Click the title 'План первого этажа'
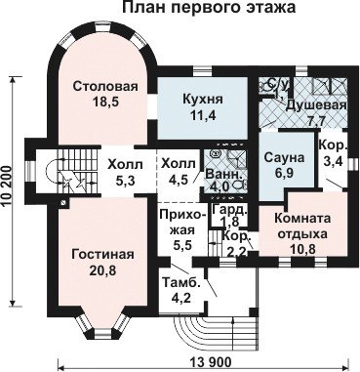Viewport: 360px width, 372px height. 209,7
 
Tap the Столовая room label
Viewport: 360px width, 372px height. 105,87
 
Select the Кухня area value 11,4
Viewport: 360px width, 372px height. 202,115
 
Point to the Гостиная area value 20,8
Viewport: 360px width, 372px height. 102,269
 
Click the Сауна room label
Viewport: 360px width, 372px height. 284,157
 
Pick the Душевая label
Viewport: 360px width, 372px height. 316,105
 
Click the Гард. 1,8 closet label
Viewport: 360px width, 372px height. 229,216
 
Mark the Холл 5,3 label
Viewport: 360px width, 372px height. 125,172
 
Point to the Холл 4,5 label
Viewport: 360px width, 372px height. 179,172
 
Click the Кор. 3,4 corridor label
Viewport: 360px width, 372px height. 331,153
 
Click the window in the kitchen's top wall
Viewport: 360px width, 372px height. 202,70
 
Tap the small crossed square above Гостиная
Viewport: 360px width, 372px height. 64,202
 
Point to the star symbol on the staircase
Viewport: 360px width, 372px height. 68,183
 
